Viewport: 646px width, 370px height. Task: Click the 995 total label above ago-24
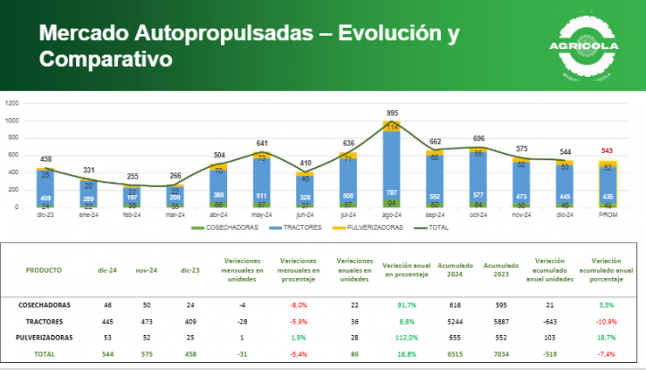392,113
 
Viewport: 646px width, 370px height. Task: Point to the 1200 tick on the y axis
13,104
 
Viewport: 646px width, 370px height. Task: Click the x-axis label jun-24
305,214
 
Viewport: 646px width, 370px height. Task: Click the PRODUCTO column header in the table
44,269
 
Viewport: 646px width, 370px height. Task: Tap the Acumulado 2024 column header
451,269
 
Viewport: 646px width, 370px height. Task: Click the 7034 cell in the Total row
499,355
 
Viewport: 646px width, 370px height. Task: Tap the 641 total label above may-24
261,143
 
